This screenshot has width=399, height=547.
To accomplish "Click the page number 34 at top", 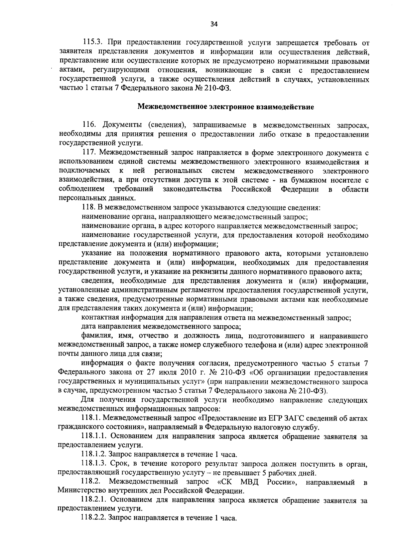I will click(x=214, y=24).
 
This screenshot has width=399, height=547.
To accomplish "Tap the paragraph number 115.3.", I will click(x=92, y=43).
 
